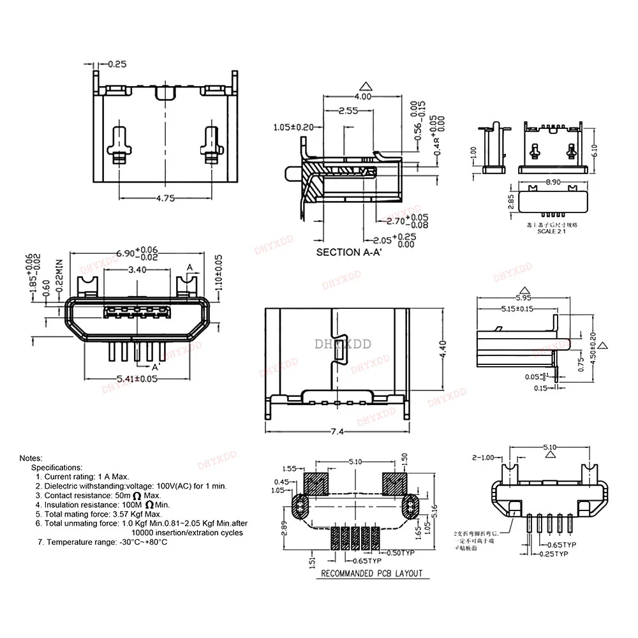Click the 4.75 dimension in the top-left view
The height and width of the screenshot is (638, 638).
pyautogui.click(x=165, y=198)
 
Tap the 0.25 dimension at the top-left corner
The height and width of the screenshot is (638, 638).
pyautogui.click(x=117, y=64)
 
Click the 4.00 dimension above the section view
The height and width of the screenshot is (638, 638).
pyautogui.click(x=362, y=96)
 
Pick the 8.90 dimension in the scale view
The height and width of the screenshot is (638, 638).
pyautogui.click(x=553, y=182)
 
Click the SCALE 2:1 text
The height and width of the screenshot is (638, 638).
pyautogui.click(x=550, y=232)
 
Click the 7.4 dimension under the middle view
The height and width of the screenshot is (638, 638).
pyautogui.click(x=338, y=432)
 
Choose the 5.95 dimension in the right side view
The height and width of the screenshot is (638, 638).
pyautogui.click(x=523, y=297)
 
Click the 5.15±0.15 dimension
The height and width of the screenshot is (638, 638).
pyautogui.click(x=517, y=309)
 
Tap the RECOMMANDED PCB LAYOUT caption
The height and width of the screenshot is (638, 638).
pyautogui.click(x=371, y=573)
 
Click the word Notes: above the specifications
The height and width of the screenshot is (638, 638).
pyautogui.click(x=31, y=458)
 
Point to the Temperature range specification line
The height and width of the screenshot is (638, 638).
pyautogui.click(x=102, y=542)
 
